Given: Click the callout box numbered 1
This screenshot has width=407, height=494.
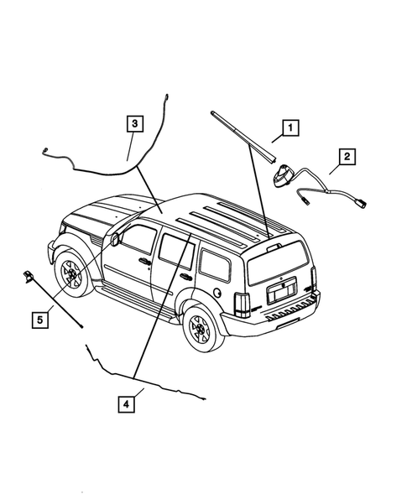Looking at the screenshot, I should click(x=288, y=128).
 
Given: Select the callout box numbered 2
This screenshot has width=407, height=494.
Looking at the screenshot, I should click(x=346, y=156).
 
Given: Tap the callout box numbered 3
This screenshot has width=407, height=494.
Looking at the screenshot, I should click(x=135, y=122).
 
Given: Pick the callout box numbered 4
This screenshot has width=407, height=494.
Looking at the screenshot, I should click(x=125, y=405).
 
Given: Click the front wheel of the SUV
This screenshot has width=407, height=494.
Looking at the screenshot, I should click(x=72, y=274).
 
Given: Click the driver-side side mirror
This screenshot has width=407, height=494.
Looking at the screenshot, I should click(x=114, y=238).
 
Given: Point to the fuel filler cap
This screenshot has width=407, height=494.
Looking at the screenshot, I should click(x=218, y=294).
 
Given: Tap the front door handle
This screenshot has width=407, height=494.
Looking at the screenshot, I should click(x=146, y=263).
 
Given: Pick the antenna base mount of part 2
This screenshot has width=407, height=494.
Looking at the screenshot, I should click(x=283, y=177).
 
